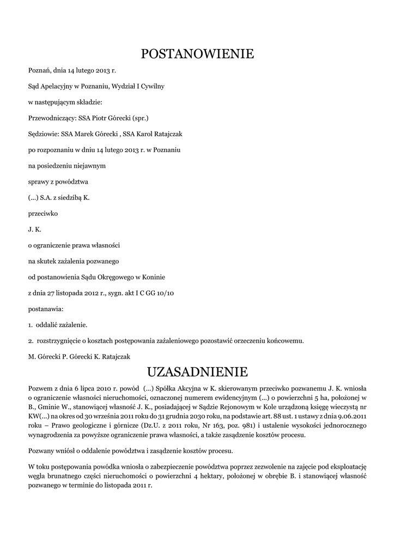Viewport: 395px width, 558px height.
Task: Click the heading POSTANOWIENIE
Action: (197, 54)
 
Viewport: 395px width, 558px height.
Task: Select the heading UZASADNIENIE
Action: (197, 372)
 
